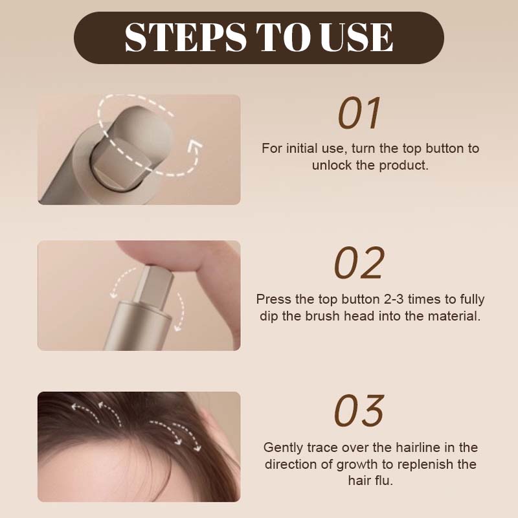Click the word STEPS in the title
[185, 37]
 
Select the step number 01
[359, 113]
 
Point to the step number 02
[359, 262]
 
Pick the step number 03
[359, 411]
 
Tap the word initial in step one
[300, 148]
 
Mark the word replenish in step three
[425, 464]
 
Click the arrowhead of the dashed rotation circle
[195, 145]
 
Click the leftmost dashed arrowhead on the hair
[75, 407]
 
